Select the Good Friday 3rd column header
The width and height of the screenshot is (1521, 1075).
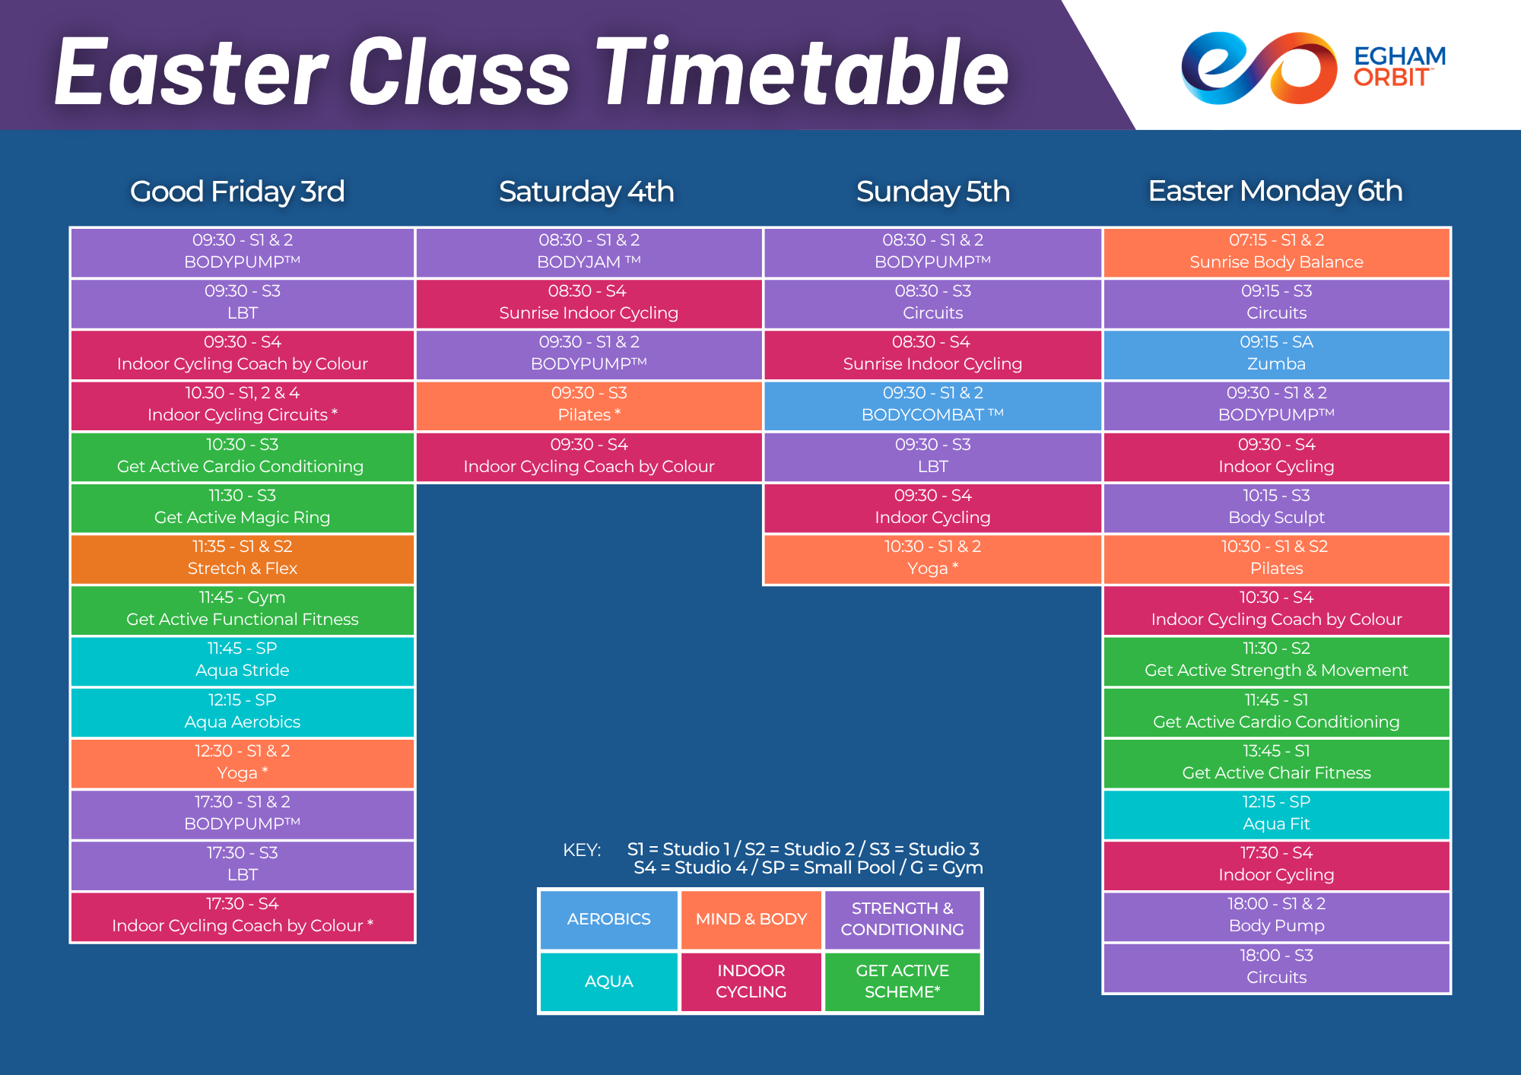pyautogui.click(x=237, y=192)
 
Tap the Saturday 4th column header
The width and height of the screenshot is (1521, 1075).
pyautogui.click(x=586, y=192)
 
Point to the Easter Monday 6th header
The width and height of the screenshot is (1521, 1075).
pyautogui.click(x=1275, y=191)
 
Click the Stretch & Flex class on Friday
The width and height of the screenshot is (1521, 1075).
pyautogui.click(x=243, y=558)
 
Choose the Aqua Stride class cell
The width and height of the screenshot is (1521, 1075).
pyautogui.click(x=243, y=660)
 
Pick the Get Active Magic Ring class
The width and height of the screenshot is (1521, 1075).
pyautogui.click(x=243, y=507)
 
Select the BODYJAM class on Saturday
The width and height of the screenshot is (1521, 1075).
pyautogui.click(x=589, y=252)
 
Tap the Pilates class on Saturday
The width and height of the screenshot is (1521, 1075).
pyautogui.click(x=589, y=404)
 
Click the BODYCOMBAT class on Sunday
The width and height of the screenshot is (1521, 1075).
pyautogui.click(x=932, y=404)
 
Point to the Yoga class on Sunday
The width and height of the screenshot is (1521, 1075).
pyautogui.click(x=932, y=558)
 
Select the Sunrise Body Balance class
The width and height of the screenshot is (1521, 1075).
pyautogui.click(x=1276, y=252)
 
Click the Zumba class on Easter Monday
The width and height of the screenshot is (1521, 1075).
pyautogui.click(x=1276, y=354)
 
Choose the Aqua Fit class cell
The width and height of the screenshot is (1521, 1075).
pyautogui.click(x=1276, y=813)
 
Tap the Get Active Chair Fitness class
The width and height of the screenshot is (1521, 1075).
pyautogui.click(x=1276, y=763)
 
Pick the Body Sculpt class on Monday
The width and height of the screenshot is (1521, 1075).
pyautogui.click(x=1276, y=507)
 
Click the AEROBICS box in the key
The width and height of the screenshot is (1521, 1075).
pyautogui.click(x=608, y=919)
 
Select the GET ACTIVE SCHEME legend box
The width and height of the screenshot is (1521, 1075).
pyautogui.click(x=902, y=981)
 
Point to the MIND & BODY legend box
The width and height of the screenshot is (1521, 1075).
pyautogui.click(x=751, y=919)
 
